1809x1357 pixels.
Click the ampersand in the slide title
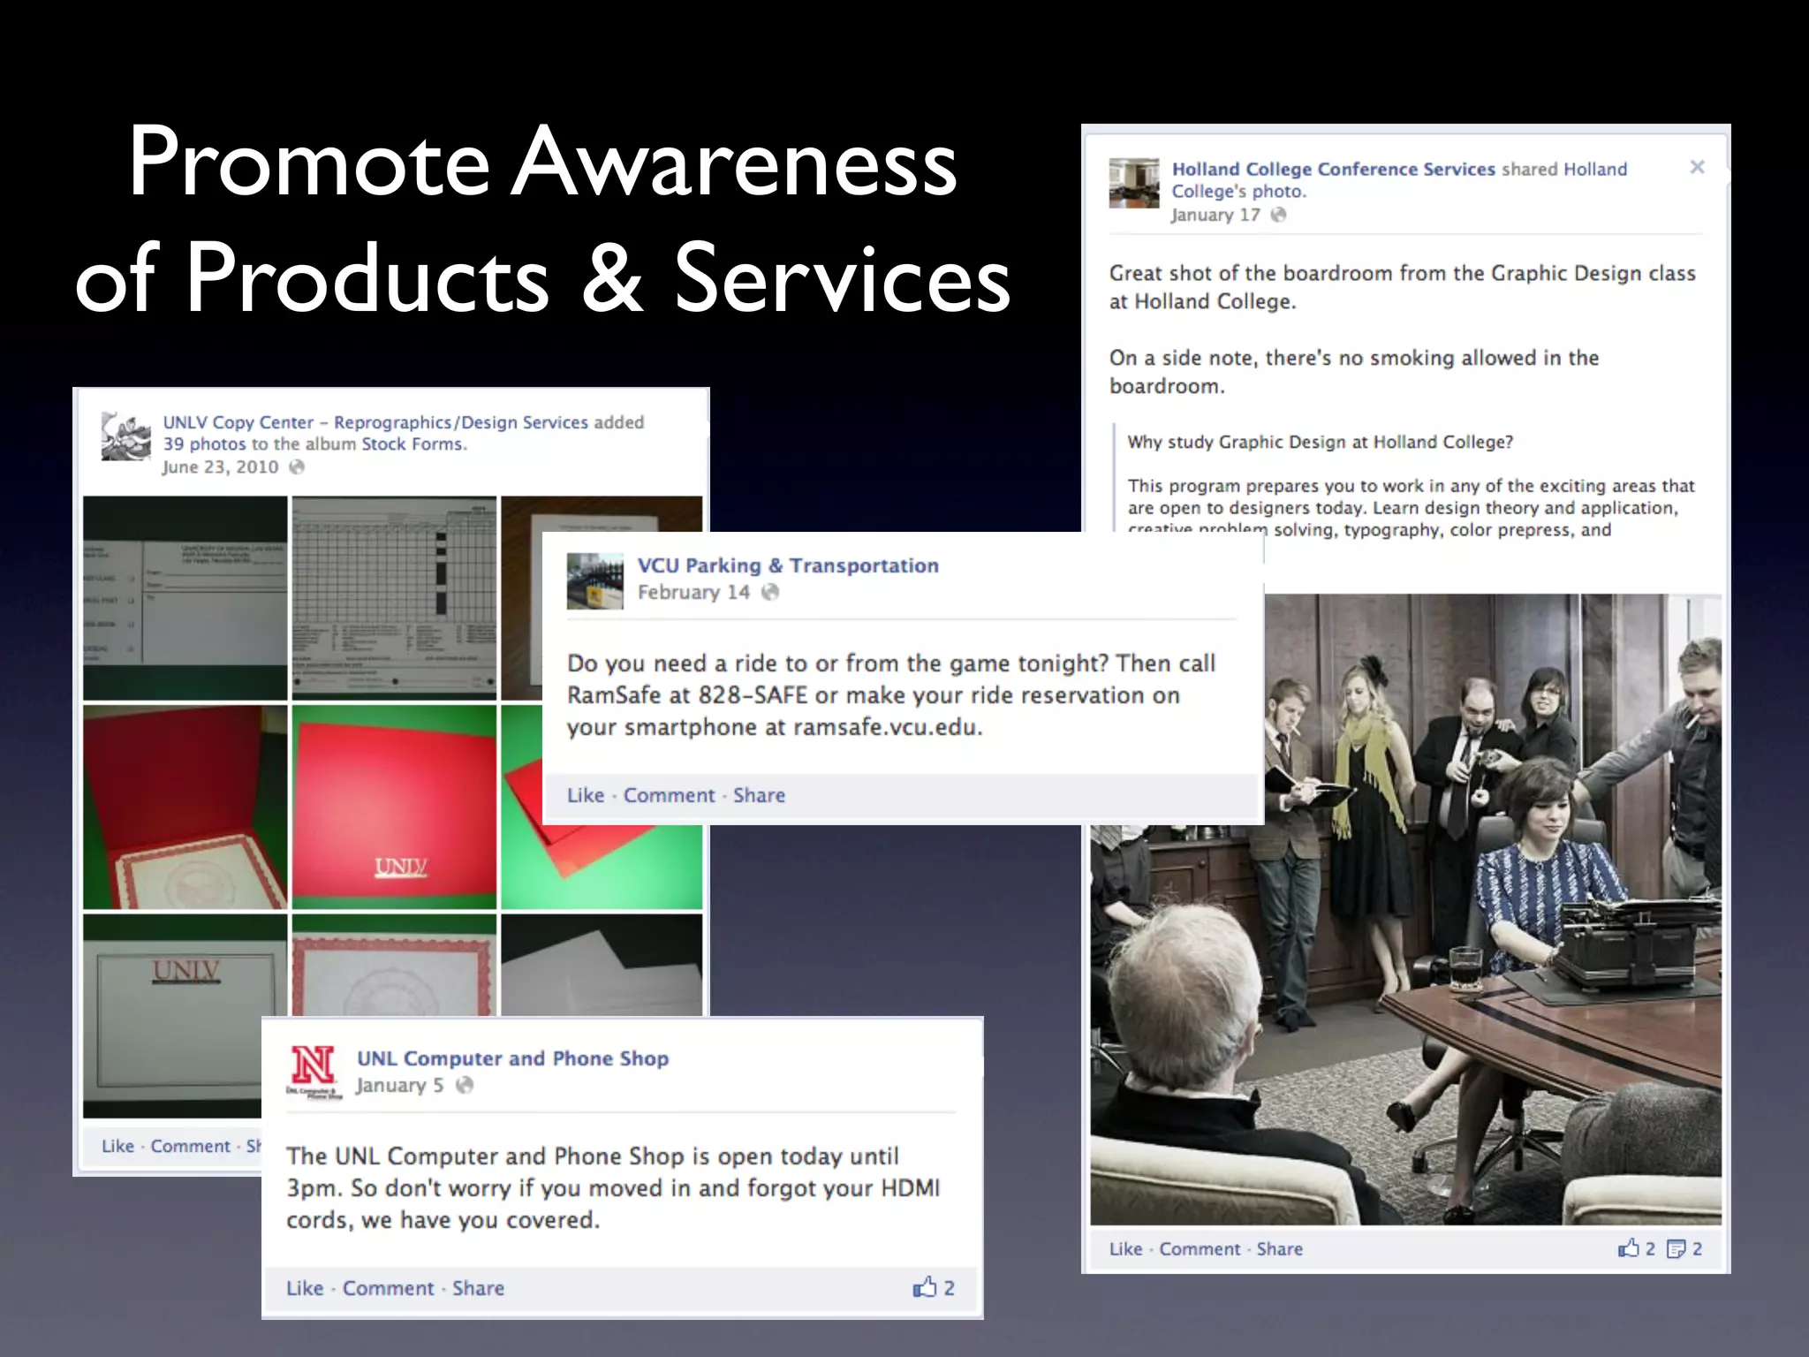(x=612, y=278)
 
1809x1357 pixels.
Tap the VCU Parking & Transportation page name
(x=788, y=565)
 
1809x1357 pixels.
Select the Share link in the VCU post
(x=759, y=795)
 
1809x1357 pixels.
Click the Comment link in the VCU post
(x=669, y=795)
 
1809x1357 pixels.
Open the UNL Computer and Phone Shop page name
(x=512, y=1058)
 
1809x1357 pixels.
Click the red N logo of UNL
(x=313, y=1065)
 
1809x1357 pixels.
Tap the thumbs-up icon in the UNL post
(x=924, y=1287)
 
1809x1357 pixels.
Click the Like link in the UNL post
(x=305, y=1288)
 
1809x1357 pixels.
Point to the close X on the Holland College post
(x=1697, y=167)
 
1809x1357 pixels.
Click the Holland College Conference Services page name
(x=1333, y=169)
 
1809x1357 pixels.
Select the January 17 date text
(x=1215, y=215)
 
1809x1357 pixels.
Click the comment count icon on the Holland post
(x=1676, y=1248)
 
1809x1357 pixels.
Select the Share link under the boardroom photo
(x=1279, y=1248)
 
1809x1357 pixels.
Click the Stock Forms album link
(x=412, y=444)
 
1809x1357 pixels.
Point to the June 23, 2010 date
(x=220, y=467)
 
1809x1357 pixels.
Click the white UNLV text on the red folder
(x=401, y=867)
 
